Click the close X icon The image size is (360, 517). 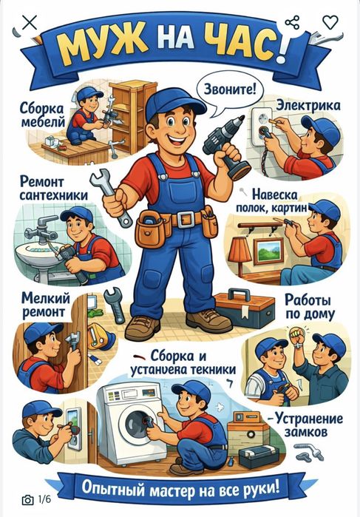click(30, 23)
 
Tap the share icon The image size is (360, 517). click(292, 22)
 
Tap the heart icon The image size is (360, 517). click(330, 22)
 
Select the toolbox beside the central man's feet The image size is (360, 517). click(245, 308)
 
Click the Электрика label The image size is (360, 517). click(308, 106)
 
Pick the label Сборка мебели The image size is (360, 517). click(43, 115)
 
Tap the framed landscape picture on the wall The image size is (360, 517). click(268, 251)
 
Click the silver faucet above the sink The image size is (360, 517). click(41, 229)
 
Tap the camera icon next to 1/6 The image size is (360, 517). click(28, 500)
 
